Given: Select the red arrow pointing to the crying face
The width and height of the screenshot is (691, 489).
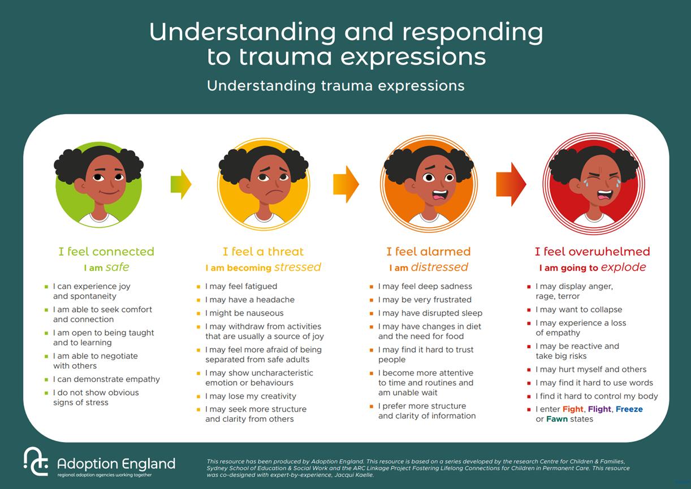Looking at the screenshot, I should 511,184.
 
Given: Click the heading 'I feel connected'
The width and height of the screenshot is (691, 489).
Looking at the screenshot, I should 106,252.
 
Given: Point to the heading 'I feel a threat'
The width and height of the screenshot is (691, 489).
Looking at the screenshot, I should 263,252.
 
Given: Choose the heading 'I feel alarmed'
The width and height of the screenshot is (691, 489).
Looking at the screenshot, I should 428,252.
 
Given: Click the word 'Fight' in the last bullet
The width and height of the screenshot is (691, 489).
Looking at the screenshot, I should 573,409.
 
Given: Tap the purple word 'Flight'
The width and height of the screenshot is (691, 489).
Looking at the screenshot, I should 599,409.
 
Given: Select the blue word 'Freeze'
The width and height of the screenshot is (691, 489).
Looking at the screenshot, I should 629,409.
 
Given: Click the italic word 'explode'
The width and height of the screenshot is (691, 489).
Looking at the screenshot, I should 623,267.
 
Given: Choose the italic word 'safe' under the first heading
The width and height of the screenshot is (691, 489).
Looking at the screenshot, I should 117,267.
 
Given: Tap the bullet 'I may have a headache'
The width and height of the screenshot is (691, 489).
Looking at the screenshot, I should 249,300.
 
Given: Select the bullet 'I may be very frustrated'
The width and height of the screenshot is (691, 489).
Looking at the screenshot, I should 424,300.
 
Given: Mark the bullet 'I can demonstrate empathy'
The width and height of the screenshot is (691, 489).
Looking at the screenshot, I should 106,379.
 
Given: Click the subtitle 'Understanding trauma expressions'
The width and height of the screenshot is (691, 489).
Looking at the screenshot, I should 335,86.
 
